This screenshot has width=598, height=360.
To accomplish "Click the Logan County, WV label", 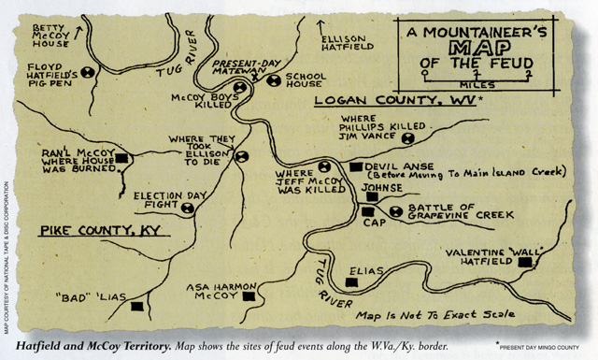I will coord(393,100).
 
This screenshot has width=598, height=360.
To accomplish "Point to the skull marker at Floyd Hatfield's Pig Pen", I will coord(88,72).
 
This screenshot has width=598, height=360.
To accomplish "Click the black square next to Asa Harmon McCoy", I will coord(249,296).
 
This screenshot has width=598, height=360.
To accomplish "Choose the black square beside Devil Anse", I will coord(354,167).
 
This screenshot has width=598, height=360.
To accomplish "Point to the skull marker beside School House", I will coord(274,80).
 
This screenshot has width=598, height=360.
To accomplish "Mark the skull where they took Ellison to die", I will coord(243,157).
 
